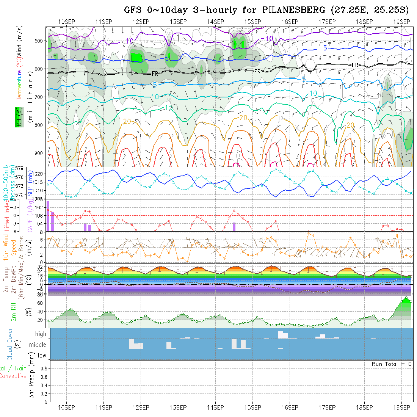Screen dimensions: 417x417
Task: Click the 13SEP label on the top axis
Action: tap(178, 21)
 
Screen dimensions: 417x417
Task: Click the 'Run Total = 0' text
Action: tap(392, 364)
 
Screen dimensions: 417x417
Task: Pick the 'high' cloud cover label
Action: tap(41, 334)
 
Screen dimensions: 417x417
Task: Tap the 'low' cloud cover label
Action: tap(42, 356)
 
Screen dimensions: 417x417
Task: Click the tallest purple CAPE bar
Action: tap(48, 216)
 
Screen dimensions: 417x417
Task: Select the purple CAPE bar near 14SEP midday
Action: tap(234, 227)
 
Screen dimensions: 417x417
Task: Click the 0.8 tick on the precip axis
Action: tap(43, 368)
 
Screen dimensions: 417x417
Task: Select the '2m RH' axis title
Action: tap(13, 312)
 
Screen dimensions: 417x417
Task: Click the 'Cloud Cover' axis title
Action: tap(9, 344)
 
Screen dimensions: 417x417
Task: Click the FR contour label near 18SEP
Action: tap(355, 65)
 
